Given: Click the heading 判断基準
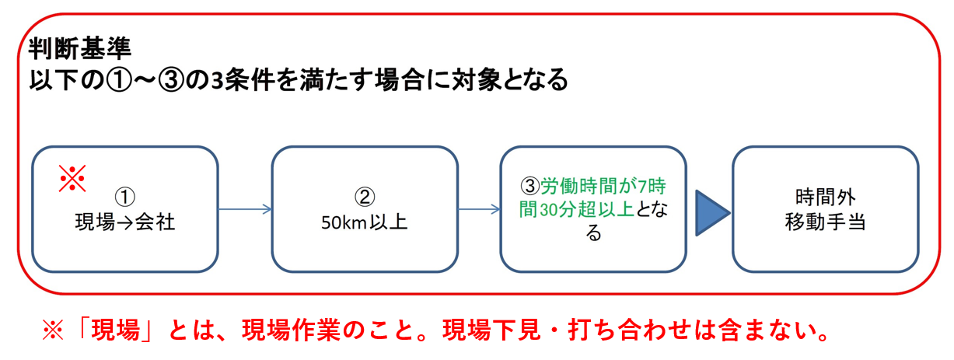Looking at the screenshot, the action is (80, 48).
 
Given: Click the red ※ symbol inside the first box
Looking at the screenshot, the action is (72, 178).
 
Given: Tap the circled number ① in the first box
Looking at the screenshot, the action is (124, 197).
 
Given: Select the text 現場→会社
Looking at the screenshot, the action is (124, 222).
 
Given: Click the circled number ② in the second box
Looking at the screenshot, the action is (365, 197).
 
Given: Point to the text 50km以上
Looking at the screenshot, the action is (365, 222).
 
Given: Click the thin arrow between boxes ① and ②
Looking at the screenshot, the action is (245, 209).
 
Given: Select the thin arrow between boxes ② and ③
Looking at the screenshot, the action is (479, 209).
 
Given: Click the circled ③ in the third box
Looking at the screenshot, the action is (529, 186).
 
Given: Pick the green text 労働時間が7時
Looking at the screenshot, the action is (603, 186).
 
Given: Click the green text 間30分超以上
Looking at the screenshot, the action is (576, 209).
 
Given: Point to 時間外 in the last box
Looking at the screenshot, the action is (826, 197).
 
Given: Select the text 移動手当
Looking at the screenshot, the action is (826, 222).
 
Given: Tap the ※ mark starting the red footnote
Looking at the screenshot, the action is (53, 330).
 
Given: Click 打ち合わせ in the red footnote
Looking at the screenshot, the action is (631, 330).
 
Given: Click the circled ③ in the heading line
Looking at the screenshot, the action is (171, 80).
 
